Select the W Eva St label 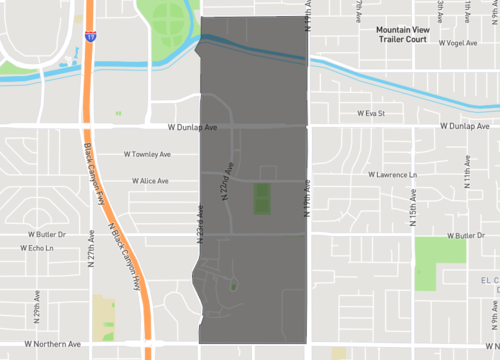[371, 114]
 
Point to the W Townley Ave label [147, 154]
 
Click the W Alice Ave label [150, 181]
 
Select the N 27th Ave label [91, 246]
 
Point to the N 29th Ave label [34, 318]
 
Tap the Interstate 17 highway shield [90, 37]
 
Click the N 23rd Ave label [200, 225]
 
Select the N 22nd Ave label [228, 179]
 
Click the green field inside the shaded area [261, 198]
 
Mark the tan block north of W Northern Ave [104, 316]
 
